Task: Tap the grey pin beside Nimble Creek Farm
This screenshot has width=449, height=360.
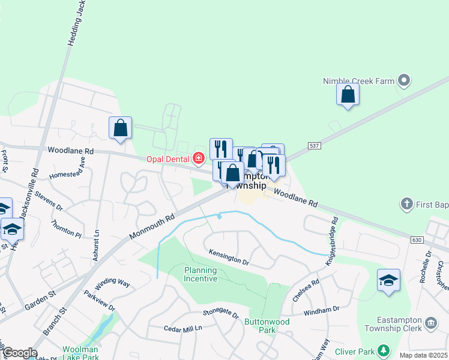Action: tap(404, 80)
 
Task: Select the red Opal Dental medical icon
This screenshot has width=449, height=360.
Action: tap(198, 158)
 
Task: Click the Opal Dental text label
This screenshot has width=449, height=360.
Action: tap(169, 159)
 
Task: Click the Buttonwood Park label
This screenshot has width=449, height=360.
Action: tap(267, 326)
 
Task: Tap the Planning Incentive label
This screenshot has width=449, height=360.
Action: tap(200, 275)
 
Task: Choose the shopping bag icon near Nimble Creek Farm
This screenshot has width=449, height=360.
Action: tap(348, 94)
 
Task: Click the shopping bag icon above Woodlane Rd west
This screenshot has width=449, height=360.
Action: tap(120, 128)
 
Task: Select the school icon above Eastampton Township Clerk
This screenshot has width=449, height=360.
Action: tap(388, 280)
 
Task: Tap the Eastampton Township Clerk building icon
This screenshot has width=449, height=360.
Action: tap(431, 324)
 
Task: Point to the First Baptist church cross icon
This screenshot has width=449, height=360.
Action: tap(407, 205)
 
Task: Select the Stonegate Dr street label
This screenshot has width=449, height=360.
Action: tap(220, 313)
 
